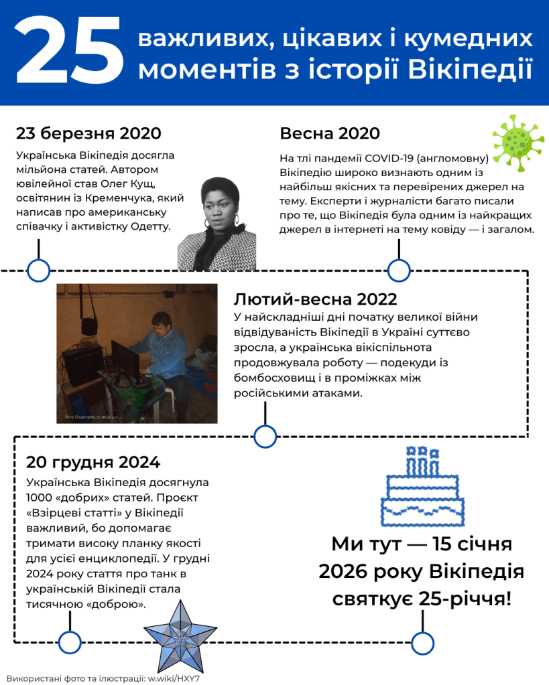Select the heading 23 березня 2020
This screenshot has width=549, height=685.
(x=88, y=133)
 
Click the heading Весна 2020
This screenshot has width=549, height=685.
(x=329, y=133)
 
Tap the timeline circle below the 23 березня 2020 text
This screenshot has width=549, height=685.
(x=39, y=271)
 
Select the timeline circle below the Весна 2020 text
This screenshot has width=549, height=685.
(x=399, y=271)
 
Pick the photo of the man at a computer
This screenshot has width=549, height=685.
(x=137, y=353)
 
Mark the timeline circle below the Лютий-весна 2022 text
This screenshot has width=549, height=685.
(x=265, y=437)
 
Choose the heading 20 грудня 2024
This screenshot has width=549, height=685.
(x=93, y=462)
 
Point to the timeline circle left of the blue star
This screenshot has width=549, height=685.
(x=70, y=643)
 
